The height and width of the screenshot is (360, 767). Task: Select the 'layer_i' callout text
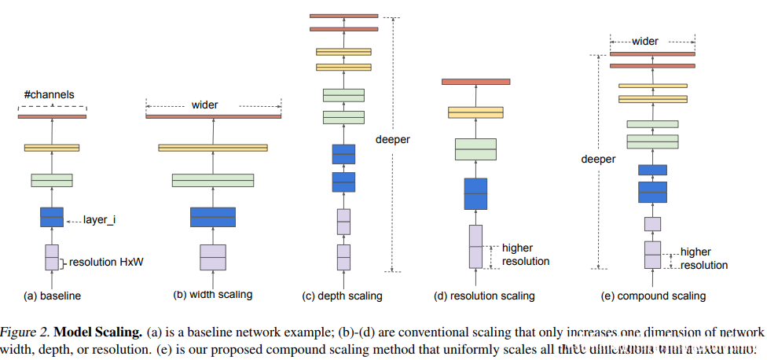(x=100, y=220)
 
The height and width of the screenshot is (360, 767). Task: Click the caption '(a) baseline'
(x=53, y=296)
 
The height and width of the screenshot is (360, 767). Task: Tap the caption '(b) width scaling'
(x=213, y=295)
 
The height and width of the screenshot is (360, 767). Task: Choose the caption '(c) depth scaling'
(x=343, y=296)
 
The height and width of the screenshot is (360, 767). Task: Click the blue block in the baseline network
(x=52, y=217)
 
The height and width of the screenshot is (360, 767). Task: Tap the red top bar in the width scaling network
(x=214, y=116)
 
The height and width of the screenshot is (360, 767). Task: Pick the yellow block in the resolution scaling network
(x=475, y=112)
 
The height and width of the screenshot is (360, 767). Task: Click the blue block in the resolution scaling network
(x=475, y=193)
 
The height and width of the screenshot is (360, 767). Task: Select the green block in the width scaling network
(x=213, y=180)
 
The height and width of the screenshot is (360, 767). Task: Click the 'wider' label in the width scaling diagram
(x=206, y=105)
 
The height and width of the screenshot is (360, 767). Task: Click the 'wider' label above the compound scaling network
(x=645, y=41)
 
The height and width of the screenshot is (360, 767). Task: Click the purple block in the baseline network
(x=52, y=257)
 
